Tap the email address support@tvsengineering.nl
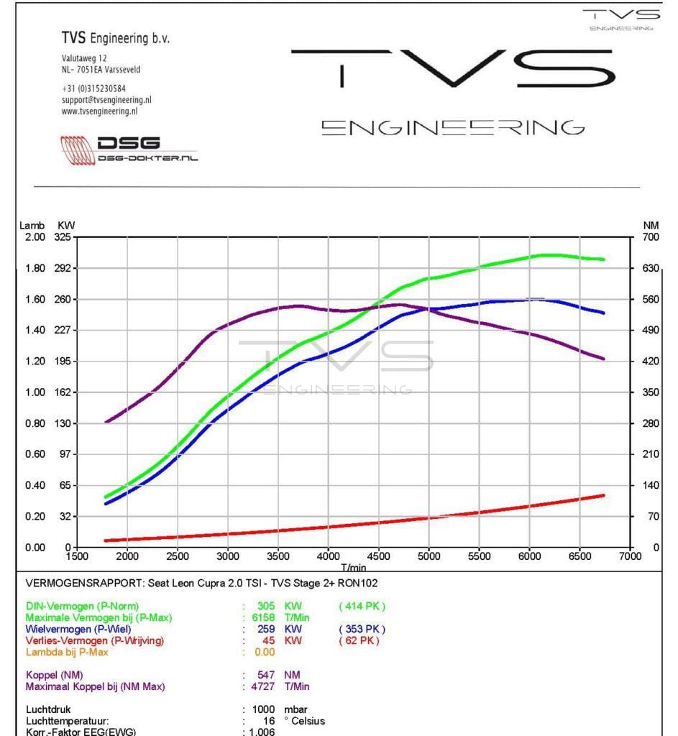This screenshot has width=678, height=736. (x=106, y=100)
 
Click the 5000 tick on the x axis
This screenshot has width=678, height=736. (x=429, y=556)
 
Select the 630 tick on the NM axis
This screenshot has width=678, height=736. (x=650, y=268)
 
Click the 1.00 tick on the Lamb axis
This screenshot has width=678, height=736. (x=35, y=392)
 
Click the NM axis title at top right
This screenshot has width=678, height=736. (x=651, y=226)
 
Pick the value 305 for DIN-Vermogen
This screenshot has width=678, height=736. (x=266, y=607)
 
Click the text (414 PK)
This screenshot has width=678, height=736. (x=362, y=607)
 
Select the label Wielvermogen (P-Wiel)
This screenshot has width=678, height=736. (x=78, y=630)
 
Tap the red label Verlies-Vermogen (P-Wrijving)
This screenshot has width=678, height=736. (x=95, y=640)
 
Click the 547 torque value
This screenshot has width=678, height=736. (x=266, y=675)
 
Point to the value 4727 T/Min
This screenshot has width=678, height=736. (x=278, y=686)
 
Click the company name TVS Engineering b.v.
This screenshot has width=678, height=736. (x=116, y=38)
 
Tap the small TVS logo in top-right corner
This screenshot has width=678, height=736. (x=621, y=19)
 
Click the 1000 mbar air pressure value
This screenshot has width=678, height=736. (x=264, y=709)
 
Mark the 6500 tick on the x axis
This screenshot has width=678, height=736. (x=579, y=556)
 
